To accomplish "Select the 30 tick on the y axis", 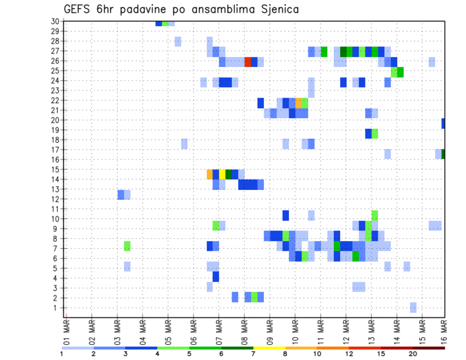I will click(x=55, y=21).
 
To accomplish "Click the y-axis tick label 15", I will click(x=55, y=169).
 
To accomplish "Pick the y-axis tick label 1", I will click(x=57, y=308).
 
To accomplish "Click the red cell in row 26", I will click(x=248, y=62).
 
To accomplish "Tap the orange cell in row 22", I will click(x=299, y=103).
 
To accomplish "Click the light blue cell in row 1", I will click(x=413, y=308).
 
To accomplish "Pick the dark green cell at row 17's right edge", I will click(x=443, y=154).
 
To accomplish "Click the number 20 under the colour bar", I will click(x=413, y=354).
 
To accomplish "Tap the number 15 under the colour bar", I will click(x=381, y=354).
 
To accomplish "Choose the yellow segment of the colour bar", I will click(x=269, y=347).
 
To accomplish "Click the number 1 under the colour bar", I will click(x=62, y=354).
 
